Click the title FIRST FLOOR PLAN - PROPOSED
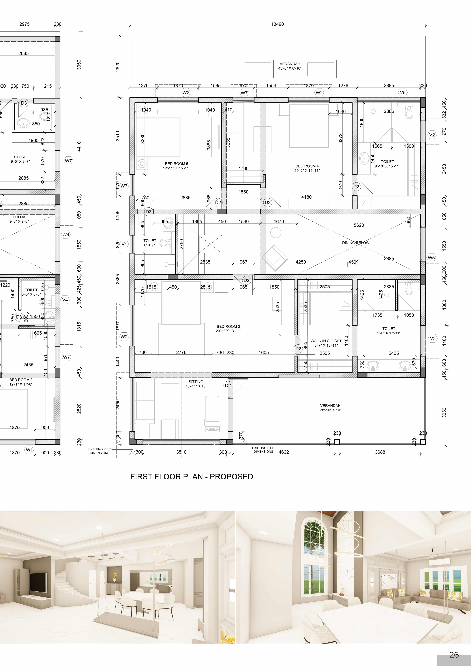pos(192,477)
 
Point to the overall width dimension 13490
pos(277,24)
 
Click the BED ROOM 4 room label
pos(307,166)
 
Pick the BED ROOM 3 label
pos(228,326)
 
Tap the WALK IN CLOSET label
pos(326,341)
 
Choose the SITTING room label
pos(196,382)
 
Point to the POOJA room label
pos(19,217)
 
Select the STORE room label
pos(20,157)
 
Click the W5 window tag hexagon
pos(431,258)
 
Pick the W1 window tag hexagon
pos(29,450)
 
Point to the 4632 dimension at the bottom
pos(284,452)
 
